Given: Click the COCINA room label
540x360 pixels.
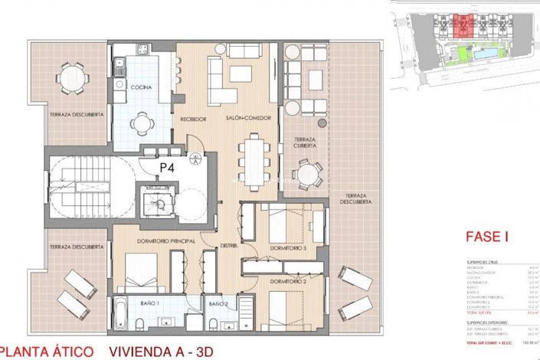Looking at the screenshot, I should [141, 88].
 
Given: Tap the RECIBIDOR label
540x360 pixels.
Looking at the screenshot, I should [194, 119].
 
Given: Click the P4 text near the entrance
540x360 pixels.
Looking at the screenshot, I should [167, 166].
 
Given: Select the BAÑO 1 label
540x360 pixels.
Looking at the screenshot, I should [151, 304].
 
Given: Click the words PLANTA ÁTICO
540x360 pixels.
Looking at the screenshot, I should [51, 351].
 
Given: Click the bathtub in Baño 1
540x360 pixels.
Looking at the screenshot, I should [123, 316].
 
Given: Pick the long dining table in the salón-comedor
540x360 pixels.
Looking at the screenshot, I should [253, 160].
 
